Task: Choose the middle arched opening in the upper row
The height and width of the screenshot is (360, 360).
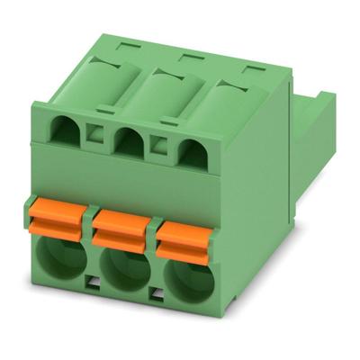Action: [130, 143]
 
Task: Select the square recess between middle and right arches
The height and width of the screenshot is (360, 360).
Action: [158, 146]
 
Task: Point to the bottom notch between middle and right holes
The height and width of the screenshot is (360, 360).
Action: [154, 293]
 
